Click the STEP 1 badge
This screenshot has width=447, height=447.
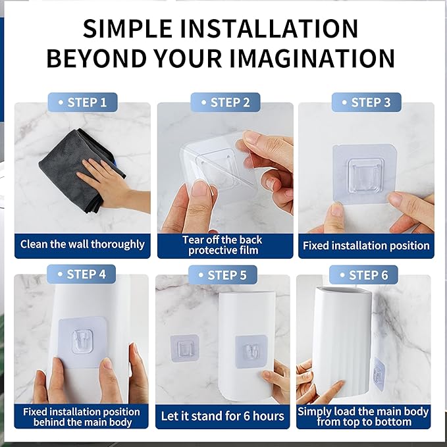[82, 102]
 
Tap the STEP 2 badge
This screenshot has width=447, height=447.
[225, 102]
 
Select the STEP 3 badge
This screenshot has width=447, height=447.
[366, 102]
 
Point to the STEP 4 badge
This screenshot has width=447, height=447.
[81, 274]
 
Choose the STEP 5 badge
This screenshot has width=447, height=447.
[223, 275]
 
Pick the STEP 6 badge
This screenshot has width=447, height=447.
[363, 275]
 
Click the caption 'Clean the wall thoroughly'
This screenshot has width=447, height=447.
[82, 244]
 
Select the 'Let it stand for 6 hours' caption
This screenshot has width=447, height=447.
[223, 416]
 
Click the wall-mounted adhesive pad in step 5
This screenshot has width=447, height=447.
[184, 348]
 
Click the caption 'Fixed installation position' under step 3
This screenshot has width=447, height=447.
[366, 246]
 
